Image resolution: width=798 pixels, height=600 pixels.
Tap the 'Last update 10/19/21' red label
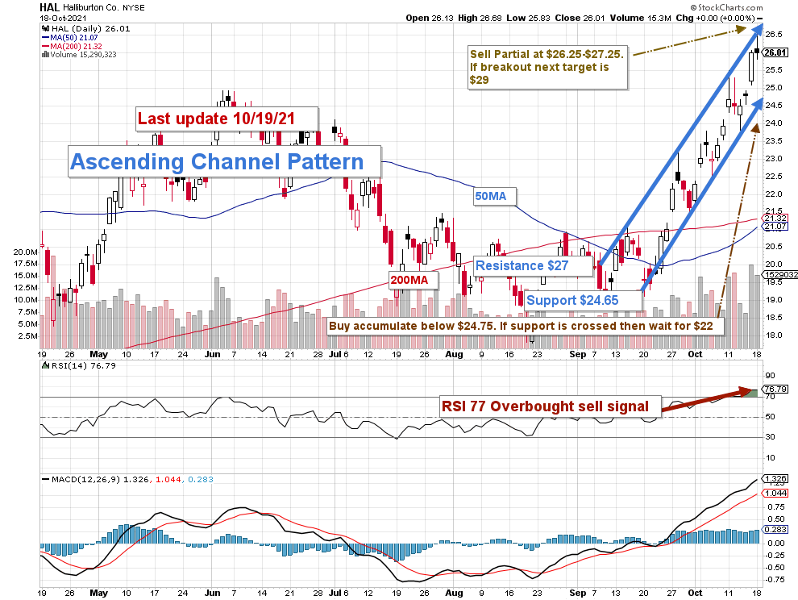click(216, 119)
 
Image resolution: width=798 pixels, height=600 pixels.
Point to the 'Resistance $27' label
click(523, 265)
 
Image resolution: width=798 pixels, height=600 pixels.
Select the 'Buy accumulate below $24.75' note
click(526, 327)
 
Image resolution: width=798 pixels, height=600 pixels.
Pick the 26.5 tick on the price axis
click(775, 35)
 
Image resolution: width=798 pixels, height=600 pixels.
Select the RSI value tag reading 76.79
click(775, 390)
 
